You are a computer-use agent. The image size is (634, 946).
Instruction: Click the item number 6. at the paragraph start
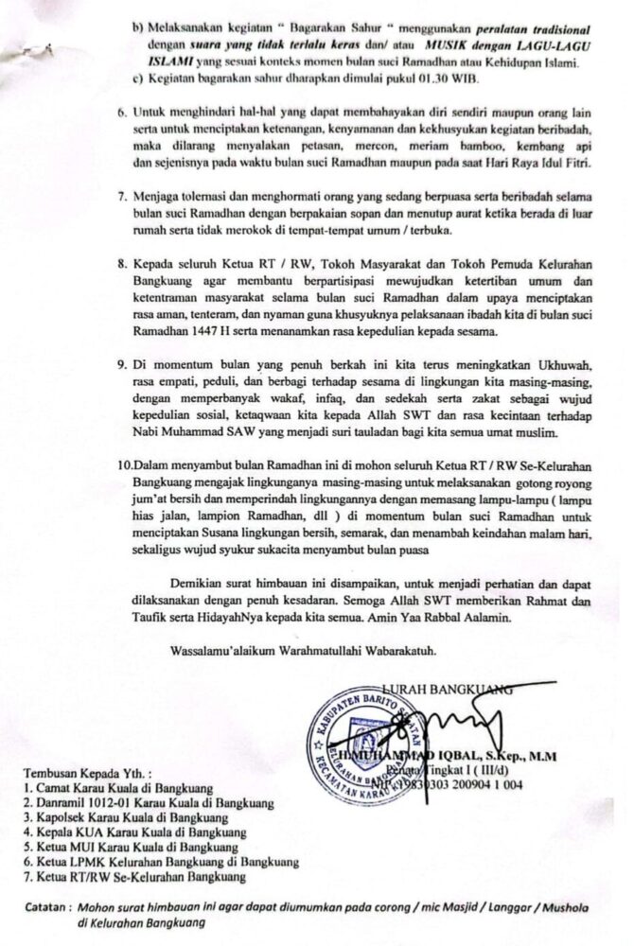pos(123,111)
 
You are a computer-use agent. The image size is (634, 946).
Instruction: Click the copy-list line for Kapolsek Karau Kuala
pos(128,817)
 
